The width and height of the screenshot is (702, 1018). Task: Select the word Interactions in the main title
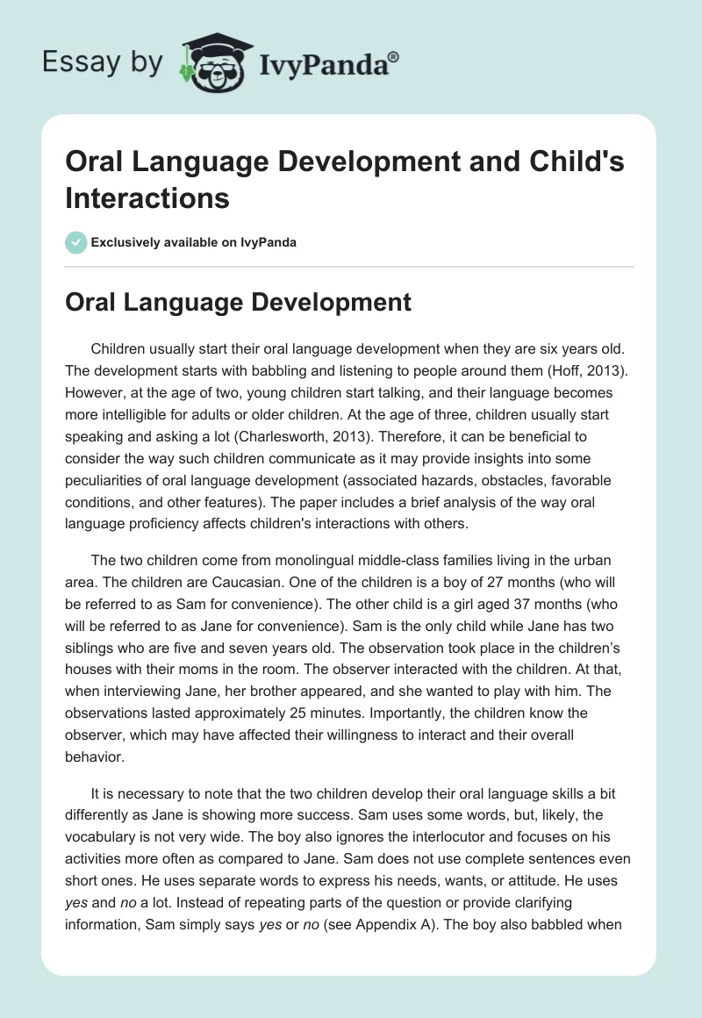(x=147, y=197)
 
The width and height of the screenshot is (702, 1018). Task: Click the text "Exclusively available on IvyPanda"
(x=195, y=242)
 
